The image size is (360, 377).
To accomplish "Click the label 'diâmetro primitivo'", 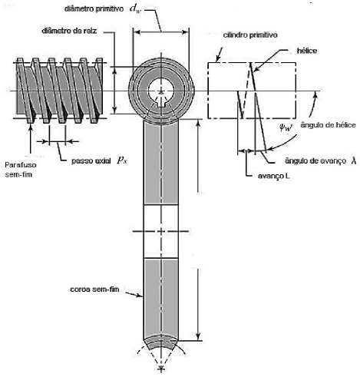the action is coord(94,8).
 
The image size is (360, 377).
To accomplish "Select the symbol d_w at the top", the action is coord(135,8).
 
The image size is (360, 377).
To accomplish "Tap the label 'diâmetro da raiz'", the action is coord(69,31).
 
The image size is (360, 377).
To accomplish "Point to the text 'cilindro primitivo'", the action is coord(250,35).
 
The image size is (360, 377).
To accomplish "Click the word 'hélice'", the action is coord(307,51).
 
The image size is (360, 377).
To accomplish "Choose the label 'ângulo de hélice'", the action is coord(328,125).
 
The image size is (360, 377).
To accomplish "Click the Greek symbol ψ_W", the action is coord(286,127).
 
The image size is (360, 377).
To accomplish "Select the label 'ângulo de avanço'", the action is coord(315,160).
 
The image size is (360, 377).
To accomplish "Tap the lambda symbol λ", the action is coord(354,160).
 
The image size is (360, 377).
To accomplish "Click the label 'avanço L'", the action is coord(274,176).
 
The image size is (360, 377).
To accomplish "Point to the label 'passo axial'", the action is coord(91,160).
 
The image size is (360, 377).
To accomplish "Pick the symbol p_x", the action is coord(122,160).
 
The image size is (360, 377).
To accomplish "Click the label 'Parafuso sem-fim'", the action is coord(21,170).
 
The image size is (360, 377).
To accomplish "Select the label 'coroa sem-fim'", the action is coord(94,289).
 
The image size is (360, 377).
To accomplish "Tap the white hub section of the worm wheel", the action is coord(160,231).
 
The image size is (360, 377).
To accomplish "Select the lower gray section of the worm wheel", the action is coord(160,298).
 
